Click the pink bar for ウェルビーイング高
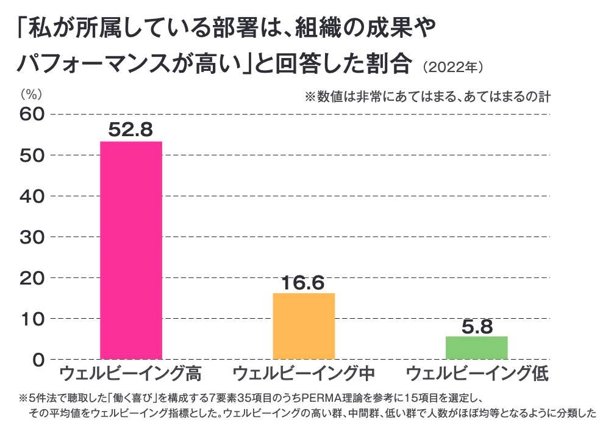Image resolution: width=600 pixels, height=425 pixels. pos(131,250)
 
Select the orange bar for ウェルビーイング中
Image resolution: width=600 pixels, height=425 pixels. pos(304,326)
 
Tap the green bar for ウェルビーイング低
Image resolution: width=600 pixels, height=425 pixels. pos(476,348)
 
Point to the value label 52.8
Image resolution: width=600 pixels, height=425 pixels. pos(130,129)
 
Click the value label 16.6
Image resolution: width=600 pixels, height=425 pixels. pos(303,283)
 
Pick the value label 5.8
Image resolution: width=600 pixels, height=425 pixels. pos(477,327)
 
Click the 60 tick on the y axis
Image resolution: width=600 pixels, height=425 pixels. pos(32,114)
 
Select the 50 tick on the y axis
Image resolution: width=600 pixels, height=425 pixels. pos(32,155)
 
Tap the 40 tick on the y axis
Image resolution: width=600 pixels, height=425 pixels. pos(32,196)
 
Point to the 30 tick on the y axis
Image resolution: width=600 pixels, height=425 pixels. pos(32,237)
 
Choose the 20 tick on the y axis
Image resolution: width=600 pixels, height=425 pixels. pos(32,278)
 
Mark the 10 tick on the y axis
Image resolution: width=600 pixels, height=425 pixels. pos(33,319)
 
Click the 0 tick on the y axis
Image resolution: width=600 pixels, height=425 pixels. pos(38,360)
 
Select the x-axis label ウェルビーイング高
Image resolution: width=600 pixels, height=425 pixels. pos(130,374)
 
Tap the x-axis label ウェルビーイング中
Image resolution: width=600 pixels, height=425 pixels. pos(304,374)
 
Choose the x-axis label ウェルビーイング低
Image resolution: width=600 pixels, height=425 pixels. pos(477,374)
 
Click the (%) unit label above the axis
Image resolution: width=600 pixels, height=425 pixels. pos(31,94)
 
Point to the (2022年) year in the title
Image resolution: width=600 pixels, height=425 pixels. pos(452,67)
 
